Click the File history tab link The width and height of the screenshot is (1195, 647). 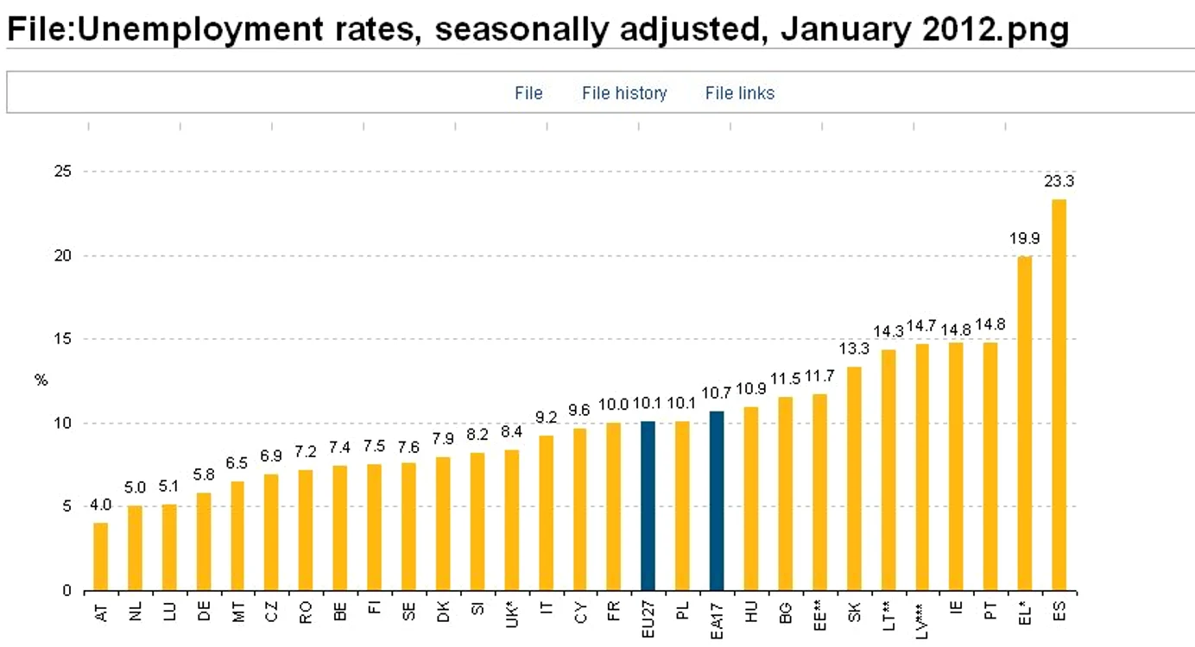click(x=624, y=93)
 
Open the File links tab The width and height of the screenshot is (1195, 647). click(x=739, y=93)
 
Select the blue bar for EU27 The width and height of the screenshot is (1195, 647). click(x=648, y=506)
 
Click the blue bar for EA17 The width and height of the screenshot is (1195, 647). click(x=717, y=501)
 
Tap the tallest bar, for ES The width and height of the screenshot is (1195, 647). click(x=1059, y=395)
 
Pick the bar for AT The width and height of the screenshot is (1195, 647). click(x=100, y=556)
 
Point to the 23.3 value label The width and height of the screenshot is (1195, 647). click(x=1059, y=182)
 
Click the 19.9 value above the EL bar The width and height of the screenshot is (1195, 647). click(x=1024, y=238)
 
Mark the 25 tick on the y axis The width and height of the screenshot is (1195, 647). click(x=63, y=171)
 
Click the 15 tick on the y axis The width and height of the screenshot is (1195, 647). click(x=63, y=339)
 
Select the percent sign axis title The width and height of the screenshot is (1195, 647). click(x=41, y=380)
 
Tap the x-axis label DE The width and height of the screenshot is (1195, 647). click(x=204, y=612)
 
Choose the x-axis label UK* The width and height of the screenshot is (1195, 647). click(x=511, y=615)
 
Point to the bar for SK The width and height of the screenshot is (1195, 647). click(x=854, y=479)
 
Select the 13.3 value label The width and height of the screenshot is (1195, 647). click(x=854, y=349)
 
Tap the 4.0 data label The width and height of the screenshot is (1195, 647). click(x=100, y=506)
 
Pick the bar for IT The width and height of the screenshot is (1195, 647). click(x=546, y=513)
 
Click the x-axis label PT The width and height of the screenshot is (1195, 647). click(x=990, y=610)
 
